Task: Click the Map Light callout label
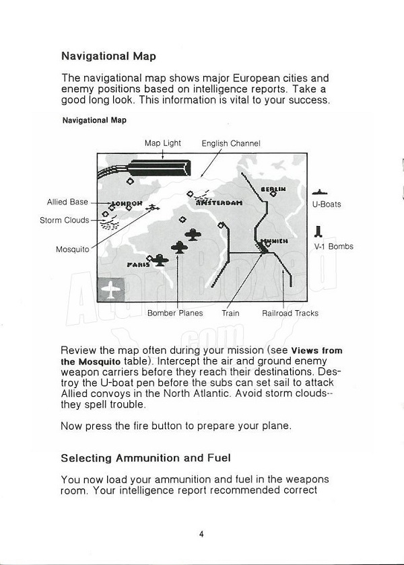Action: coord(162,143)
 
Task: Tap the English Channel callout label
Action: coord(231,143)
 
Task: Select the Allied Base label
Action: coord(67,202)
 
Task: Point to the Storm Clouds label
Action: coord(64,220)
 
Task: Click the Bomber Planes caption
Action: coord(175,313)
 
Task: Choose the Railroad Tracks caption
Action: coord(290,313)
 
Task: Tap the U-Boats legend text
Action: coord(327,204)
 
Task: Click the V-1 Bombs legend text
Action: coord(333,246)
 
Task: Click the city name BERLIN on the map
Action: coord(273,189)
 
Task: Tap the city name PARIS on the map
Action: coord(139,264)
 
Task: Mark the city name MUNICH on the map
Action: coord(274,240)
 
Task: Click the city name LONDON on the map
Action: coord(127,202)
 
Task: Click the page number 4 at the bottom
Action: coord(201,535)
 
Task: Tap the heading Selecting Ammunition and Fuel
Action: coord(145,458)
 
